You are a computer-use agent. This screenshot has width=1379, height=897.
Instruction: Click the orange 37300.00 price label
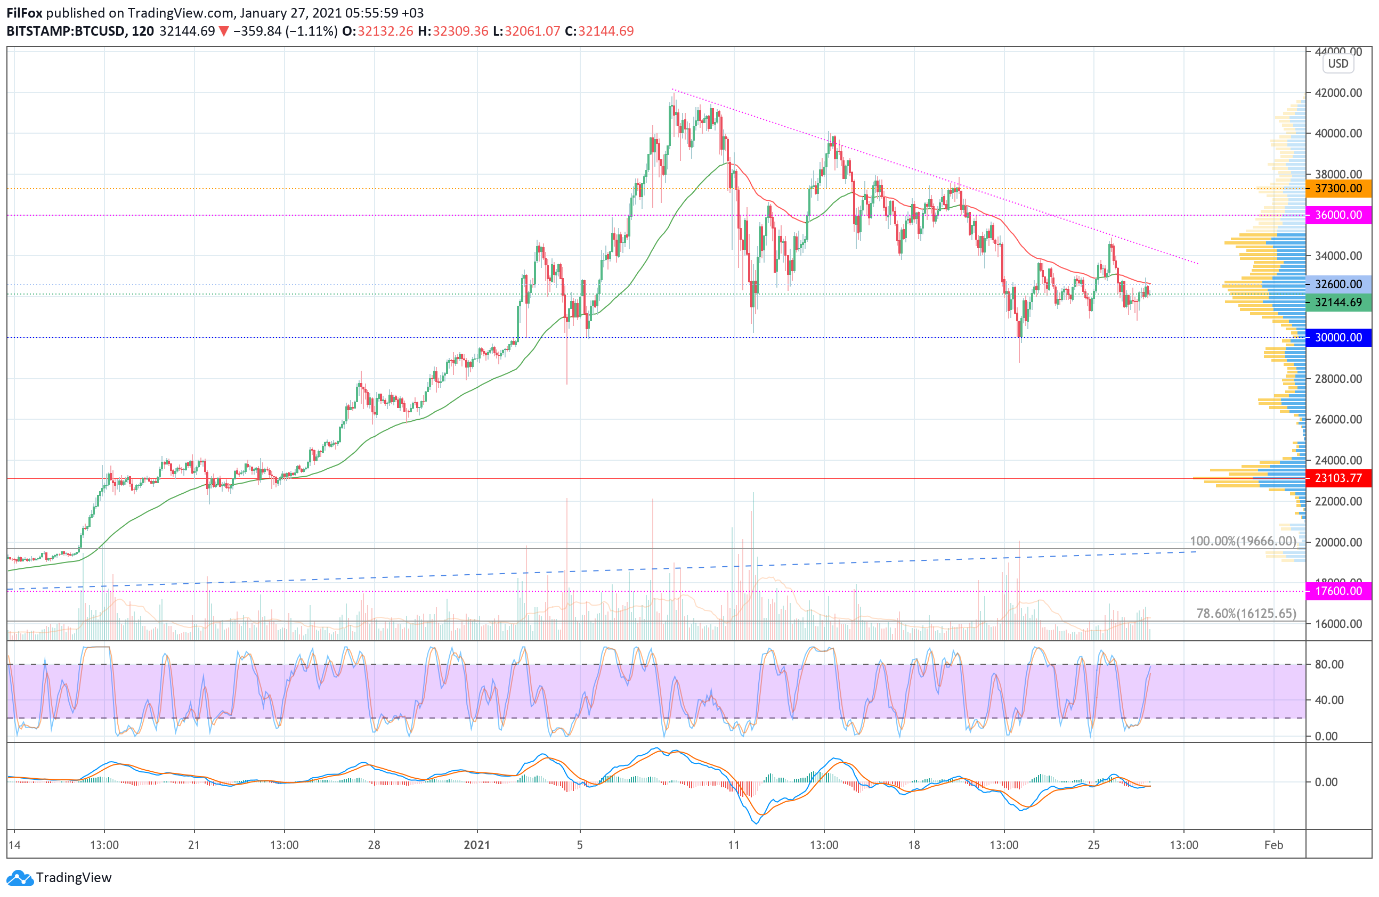(x=1339, y=188)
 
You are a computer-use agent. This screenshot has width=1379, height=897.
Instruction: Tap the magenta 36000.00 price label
(x=1339, y=215)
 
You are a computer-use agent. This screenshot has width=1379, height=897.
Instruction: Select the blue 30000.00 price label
(x=1339, y=337)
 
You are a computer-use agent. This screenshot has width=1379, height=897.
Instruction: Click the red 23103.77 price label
(x=1339, y=478)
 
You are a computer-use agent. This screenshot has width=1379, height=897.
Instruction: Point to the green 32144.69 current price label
(x=1339, y=302)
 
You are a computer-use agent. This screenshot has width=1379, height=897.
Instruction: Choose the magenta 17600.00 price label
(x=1339, y=591)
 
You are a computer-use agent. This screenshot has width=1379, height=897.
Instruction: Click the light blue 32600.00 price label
(x=1339, y=284)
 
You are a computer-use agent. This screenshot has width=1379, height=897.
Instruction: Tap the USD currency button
(x=1338, y=64)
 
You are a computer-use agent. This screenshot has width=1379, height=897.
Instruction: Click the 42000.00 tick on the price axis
(x=1339, y=93)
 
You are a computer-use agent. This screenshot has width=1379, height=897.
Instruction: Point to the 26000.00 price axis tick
(x=1339, y=419)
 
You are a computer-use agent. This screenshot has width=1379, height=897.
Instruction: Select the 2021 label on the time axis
(x=477, y=845)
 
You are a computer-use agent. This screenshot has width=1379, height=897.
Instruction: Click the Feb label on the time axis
(x=1273, y=845)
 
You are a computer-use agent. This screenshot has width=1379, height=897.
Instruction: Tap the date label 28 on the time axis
(x=374, y=845)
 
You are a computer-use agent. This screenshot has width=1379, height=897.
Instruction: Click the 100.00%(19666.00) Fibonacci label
(x=1243, y=541)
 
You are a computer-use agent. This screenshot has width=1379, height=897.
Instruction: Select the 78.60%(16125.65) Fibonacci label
(x=1246, y=613)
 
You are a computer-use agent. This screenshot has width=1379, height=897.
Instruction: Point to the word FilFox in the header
(x=25, y=13)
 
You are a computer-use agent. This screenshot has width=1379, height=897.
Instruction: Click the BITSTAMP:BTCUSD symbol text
(x=66, y=31)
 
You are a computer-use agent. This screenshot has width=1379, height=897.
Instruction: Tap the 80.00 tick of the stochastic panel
(x=1329, y=664)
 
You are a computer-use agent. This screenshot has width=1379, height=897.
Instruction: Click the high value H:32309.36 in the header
(x=453, y=31)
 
